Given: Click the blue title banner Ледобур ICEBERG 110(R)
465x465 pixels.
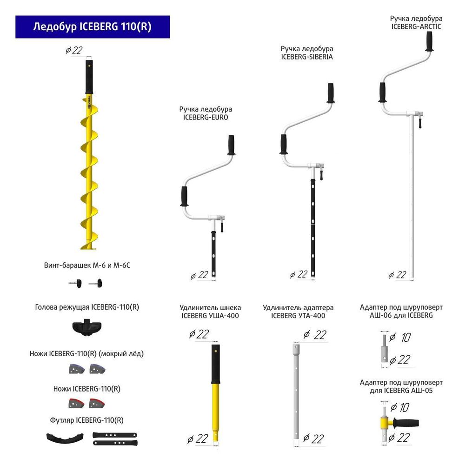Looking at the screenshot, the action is pyautogui.click(x=93, y=27).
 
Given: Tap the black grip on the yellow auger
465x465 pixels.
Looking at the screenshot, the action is pyautogui.click(x=89, y=77).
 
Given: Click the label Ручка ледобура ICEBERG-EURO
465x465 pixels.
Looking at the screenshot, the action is pyautogui.click(x=206, y=113).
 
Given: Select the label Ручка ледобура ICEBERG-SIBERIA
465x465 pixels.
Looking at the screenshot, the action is pyautogui.click(x=307, y=53).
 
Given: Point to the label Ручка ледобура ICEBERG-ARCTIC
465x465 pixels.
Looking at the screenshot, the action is pyautogui.click(x=416, y=22).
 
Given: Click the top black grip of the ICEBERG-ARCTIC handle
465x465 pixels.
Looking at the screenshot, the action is pyautogui.click(x=429, y=41).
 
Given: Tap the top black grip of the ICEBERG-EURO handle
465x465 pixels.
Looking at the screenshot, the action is pyautogui.click(x=231, y=145).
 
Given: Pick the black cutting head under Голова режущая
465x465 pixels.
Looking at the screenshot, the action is pyautogui.click(x=87, y=327).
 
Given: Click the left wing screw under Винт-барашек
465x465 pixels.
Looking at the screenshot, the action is pyautogui.click(x=75, y=283).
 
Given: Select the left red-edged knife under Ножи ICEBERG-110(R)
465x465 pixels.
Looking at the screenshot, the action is pyautogui.click(x=76, y=403).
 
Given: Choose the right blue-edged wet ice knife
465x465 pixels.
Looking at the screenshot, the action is pyautogui.click(x=97, y=369).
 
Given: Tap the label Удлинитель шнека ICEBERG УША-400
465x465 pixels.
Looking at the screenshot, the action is pyautogui.click(x=210, y=312).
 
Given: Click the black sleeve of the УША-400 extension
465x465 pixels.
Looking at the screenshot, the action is pyautogui.click(x=216, y=364).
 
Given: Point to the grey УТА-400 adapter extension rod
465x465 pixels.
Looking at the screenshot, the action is pyautogui.click(x=296, y=392).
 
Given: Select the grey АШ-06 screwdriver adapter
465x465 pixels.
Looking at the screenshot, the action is pyautogui.click(x=385, y=347).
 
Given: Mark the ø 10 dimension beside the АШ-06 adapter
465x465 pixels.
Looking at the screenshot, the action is pyautogui.click(x=400, y=337).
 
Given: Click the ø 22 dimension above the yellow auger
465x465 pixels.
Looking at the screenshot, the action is pyautogui.click(x=74, y=50).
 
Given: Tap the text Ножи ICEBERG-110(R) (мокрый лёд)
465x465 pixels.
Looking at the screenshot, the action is pyautogui.click(x=86, y=354).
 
